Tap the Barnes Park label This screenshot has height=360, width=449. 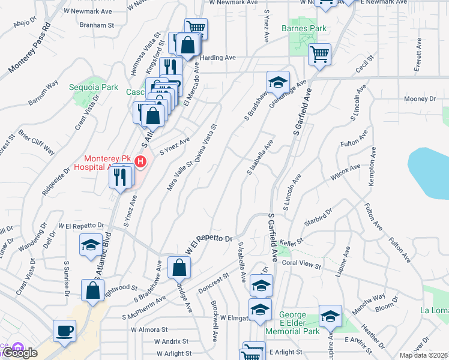pos(305,28)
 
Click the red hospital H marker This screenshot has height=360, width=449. pos(140,161)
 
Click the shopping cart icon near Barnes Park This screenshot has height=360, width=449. pos(319,55)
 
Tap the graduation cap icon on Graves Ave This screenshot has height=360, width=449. pos(278,82)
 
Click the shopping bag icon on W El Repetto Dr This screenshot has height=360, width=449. pos(179,268)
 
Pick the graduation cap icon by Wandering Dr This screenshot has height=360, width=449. pos(91,245)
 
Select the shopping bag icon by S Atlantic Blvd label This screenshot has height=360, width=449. pos(94,292)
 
